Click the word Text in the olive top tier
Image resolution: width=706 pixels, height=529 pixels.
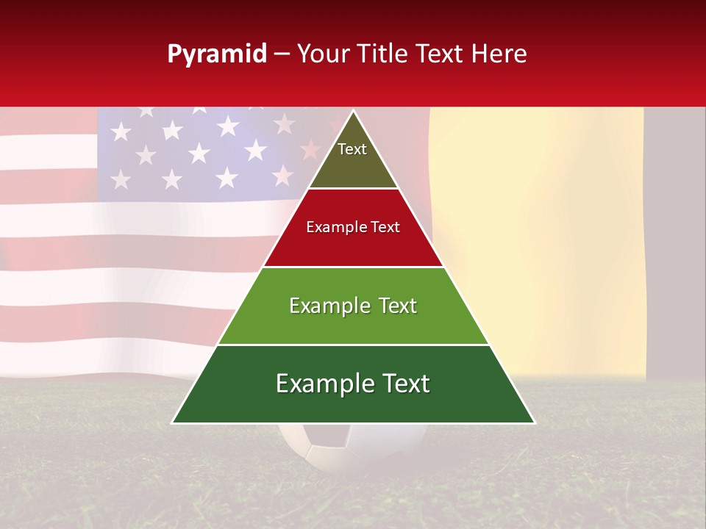pyautogui.click(x=352, y=149)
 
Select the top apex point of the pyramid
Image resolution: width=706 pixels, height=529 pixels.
pyautogui.click(x=354, y=112)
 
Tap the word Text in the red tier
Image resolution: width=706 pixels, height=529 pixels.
pyautogui.click(x=385, y=228)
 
